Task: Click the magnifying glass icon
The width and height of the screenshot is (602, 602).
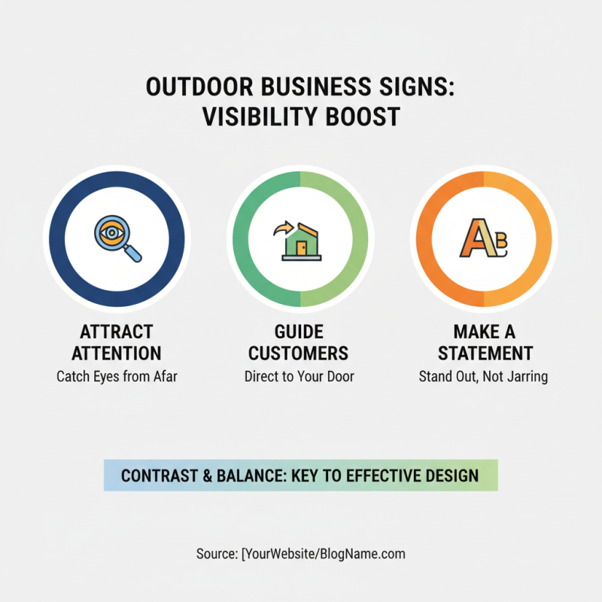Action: coord(117,238)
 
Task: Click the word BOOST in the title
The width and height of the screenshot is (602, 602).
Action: coord(364,118)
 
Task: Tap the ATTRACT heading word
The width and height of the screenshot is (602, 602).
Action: coord(117,332)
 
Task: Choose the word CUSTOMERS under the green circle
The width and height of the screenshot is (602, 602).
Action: coord(299,353)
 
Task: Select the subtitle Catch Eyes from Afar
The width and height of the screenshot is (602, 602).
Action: coord(117,376)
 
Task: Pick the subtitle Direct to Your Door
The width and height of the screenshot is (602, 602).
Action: coord(299,376)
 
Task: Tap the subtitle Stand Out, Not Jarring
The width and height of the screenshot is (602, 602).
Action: coord(483,376)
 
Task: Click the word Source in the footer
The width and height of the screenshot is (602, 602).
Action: coord(215,554)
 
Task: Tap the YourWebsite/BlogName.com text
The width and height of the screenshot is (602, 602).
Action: coord(325,554)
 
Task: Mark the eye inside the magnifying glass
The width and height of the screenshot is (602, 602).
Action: coord(111,233)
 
